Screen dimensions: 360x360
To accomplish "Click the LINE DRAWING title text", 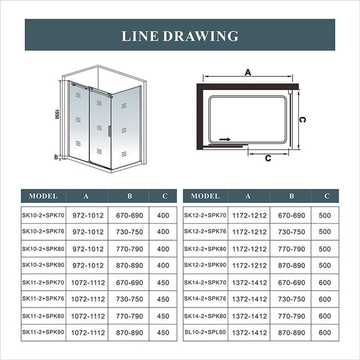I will click(x=180, y=35).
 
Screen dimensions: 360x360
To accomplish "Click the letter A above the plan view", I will click(x=247, y=73).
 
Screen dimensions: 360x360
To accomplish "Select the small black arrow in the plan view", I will click(x=225, y=139).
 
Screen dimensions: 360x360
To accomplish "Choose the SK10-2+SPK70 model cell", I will click(x=43, y=215).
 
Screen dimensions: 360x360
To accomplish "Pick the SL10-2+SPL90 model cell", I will click(x=205, y=332).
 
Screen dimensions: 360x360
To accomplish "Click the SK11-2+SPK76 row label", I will click(x=43, y=299).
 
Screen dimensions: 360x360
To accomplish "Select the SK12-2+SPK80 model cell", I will click(x=205, y=248).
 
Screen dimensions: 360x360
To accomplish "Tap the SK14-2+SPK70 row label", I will click(x=205, y=282).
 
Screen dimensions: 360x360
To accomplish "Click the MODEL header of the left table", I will click(x=43, y=196).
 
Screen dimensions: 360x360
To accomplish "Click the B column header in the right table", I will click(x=291, y=196).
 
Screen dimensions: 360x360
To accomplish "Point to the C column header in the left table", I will click(x=164, y=196).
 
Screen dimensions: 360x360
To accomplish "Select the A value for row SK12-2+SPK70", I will click(x=249, y=215).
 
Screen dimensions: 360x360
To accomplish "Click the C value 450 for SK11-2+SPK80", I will click(x=164, y=316).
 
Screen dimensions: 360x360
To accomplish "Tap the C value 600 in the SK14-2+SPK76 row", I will click(x=325, y=299).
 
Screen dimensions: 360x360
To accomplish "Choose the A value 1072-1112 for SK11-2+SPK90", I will click(x=87, y=332).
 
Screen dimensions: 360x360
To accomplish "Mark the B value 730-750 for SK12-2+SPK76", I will click(x=291, y=232).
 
